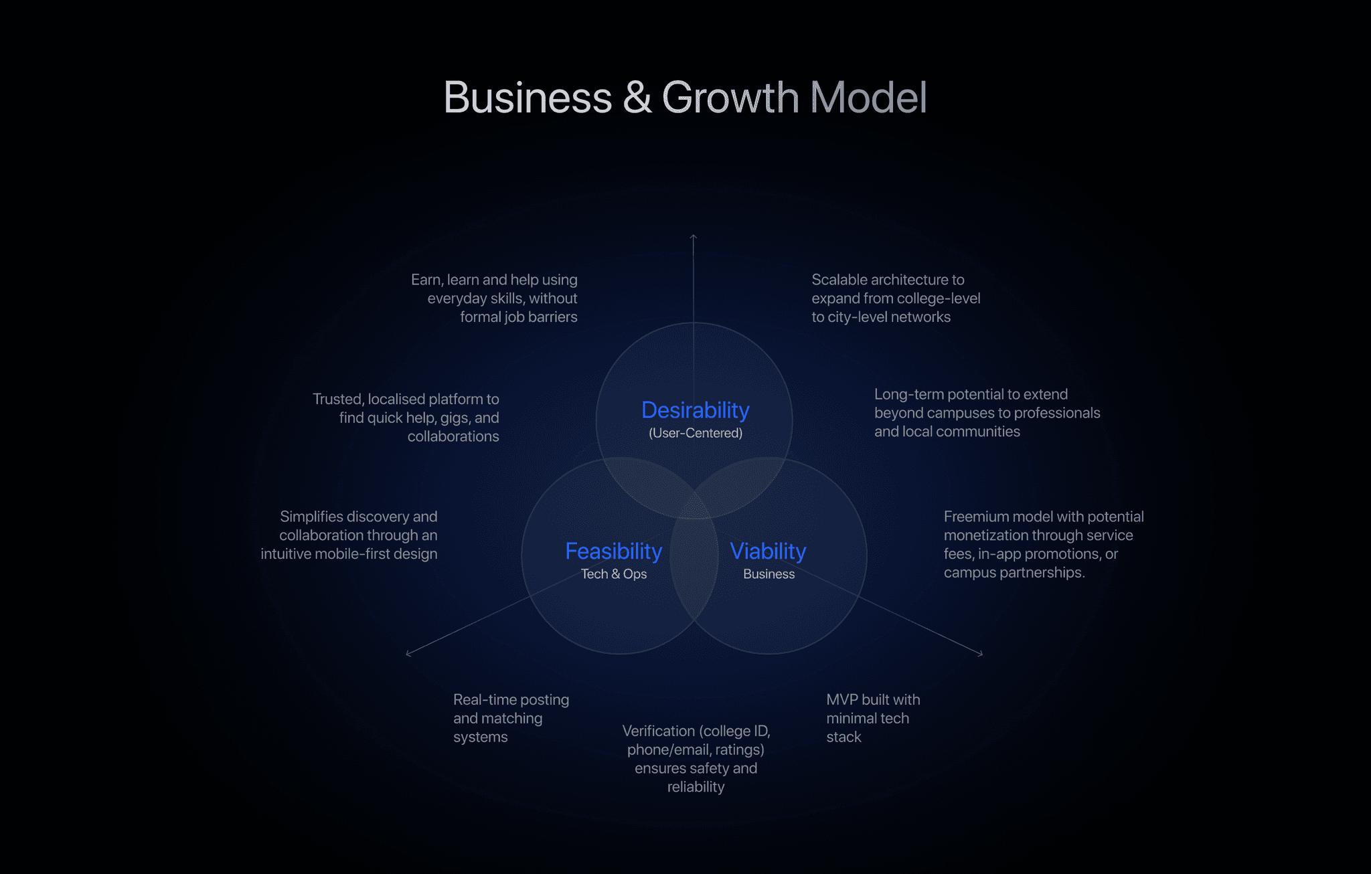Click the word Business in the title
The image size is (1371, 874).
[x=528, y=98]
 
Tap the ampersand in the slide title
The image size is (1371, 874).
[x=637, y=98]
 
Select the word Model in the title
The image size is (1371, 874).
[x=868, y=98]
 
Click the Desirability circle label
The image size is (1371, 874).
[x=695, y=410]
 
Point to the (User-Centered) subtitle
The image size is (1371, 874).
[x=695, y=433]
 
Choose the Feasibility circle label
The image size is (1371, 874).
[x=613, y=551]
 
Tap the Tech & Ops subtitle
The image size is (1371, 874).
[x=613, y=574]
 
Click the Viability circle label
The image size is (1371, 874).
[x=768, y=551]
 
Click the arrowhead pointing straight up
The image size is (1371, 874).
[x=694, y=236]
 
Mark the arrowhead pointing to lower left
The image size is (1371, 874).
[x=408, y=653]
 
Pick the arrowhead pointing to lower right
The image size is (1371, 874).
[x=981, y=653]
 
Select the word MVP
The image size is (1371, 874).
[x=841, y=700]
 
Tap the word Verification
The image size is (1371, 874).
[x=659, y=731]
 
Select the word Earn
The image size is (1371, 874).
[x=426, y=280]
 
